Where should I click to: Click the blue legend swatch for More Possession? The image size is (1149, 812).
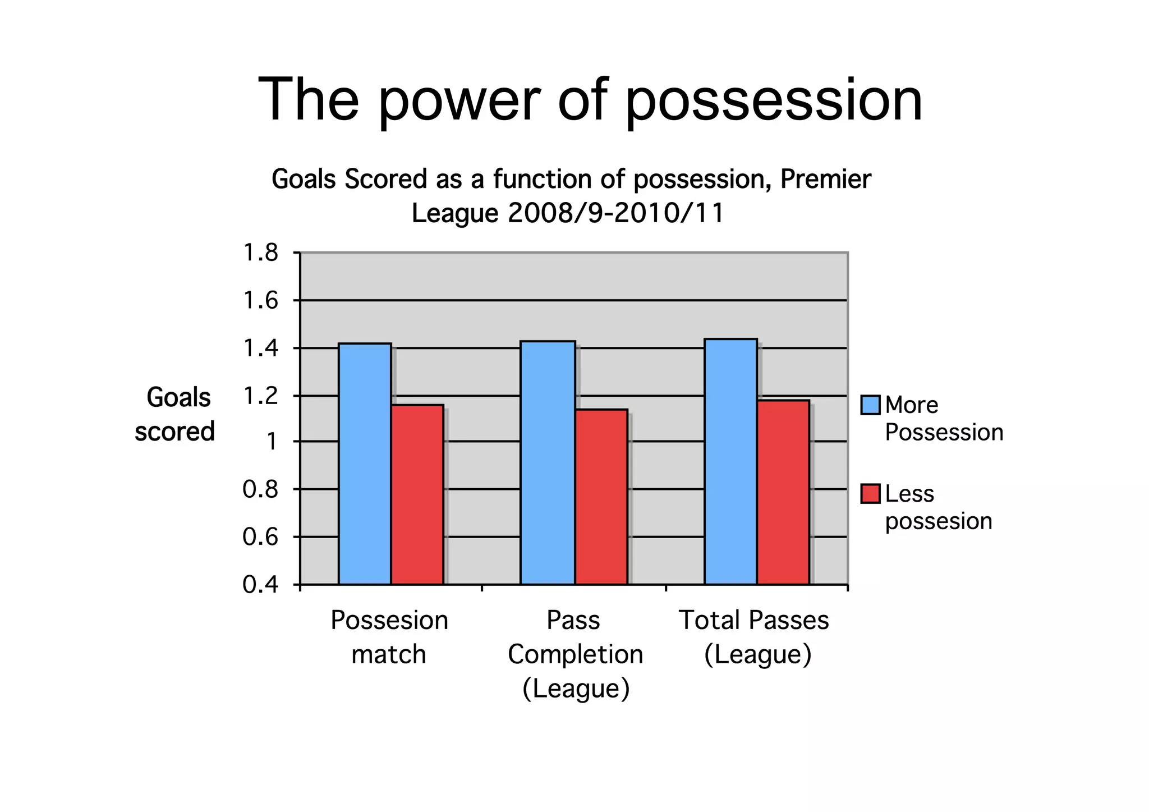pos(870,405)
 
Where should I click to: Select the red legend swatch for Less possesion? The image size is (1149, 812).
pos(870,494)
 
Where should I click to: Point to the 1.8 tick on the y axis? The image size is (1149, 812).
pos(260,253)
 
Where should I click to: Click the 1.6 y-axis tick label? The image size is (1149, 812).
pos(260,301)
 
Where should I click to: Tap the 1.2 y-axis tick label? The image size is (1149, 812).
pos(260,396)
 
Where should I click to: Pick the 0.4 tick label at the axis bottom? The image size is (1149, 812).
pos(260,585)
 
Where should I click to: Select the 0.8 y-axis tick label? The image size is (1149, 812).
pos(260,489)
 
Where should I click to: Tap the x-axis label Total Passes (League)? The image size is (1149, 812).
pos(755,637)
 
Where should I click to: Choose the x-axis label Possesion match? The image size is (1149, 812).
pos(389,637)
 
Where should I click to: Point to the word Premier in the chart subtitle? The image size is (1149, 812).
pos(825,180)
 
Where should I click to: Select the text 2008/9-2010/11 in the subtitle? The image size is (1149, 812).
pos(616,213)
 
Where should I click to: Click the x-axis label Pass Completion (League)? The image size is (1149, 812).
pos(575,654)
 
